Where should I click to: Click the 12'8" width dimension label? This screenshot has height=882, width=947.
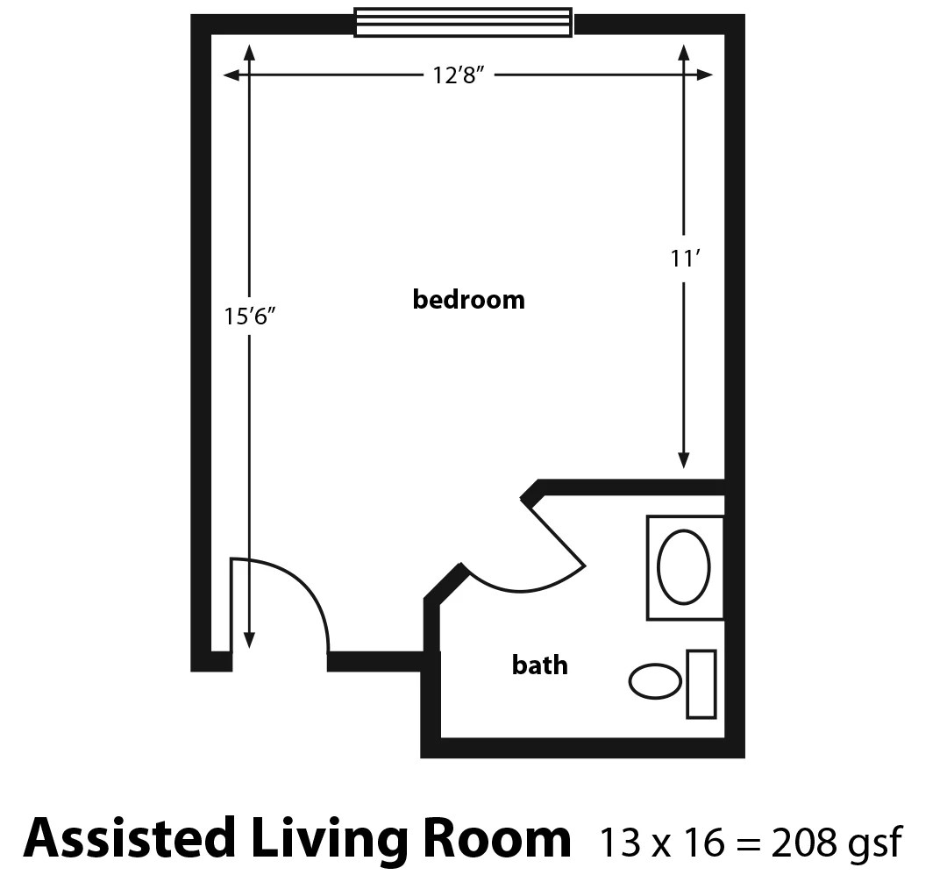point(459,75)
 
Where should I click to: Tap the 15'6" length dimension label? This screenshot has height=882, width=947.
point(250,316)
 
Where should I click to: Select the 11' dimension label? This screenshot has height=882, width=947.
point(684,260)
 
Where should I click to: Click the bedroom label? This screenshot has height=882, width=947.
point(469,300)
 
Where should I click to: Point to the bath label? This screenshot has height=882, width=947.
point(539,665)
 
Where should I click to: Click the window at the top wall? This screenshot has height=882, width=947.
point(463,23)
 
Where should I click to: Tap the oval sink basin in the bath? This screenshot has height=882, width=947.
point(684,568)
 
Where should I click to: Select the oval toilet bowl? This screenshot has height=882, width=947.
point(656,681)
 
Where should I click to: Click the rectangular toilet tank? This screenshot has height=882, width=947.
point(701,684)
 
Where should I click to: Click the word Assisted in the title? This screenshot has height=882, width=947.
point(130,839)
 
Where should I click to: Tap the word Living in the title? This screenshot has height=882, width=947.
point(325,839)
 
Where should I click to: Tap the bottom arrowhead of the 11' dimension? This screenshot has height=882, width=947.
point(684,461)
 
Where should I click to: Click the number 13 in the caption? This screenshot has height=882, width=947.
point(617,843)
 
